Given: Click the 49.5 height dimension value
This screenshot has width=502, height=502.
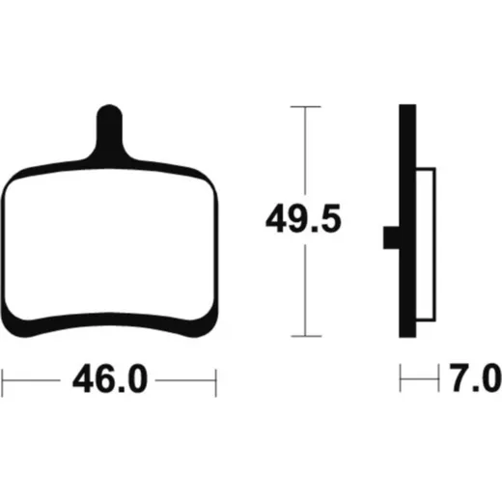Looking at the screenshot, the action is [x=303, y=218].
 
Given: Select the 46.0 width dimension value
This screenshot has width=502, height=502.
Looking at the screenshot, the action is [x=110, y=378].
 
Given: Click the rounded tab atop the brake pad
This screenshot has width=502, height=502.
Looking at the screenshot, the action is [x=109, y=128].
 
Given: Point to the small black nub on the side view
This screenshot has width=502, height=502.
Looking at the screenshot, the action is [x=391, y=237].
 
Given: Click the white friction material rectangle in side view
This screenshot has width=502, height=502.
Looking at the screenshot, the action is [x=426, y=244].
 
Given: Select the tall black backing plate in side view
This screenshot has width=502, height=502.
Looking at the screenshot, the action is [x=407, y=221].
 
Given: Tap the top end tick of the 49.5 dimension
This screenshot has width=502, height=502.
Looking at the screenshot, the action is [x=306, y=106].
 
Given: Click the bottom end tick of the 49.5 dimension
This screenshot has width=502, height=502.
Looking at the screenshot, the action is [x=306, y=336].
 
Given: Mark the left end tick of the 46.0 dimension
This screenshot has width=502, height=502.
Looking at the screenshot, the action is [x=2, y=382].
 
